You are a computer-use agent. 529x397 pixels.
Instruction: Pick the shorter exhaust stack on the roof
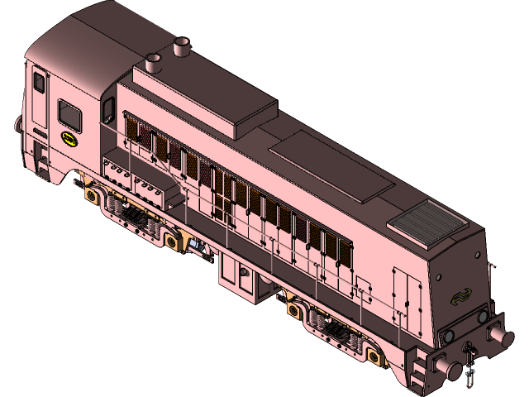152,63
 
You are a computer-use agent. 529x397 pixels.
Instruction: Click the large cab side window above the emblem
71,115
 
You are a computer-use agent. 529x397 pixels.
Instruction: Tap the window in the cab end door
39,83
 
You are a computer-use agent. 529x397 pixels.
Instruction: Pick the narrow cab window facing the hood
108,110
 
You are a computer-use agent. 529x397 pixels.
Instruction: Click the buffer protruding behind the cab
17,124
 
